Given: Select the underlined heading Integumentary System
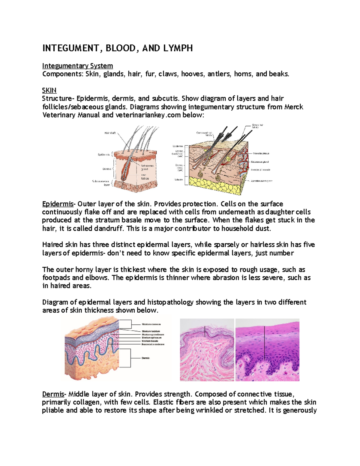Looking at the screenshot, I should click(x=77, y=66).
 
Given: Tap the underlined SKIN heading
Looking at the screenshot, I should click(x=49, y=90).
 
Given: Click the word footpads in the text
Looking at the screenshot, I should click(x=56, y=278).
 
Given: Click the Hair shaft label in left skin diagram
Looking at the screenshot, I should click(x=110, y=133).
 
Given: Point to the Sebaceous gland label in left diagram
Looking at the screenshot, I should click(x=147, y=167).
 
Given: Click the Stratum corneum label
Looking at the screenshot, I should click(x=151, y=324).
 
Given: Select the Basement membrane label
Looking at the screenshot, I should click(x=153, y=344).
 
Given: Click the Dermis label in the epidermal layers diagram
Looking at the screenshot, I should click(x=145, y=358).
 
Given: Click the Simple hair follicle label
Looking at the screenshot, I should click(x=257, y=126).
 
